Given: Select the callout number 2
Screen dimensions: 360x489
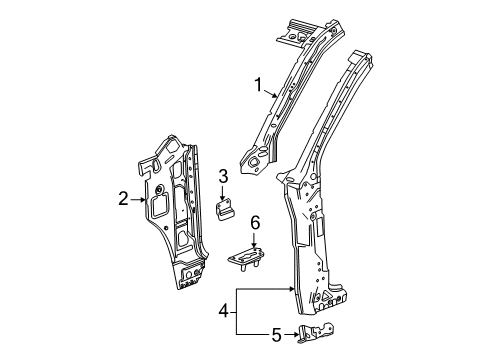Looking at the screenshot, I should pos(124,199).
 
